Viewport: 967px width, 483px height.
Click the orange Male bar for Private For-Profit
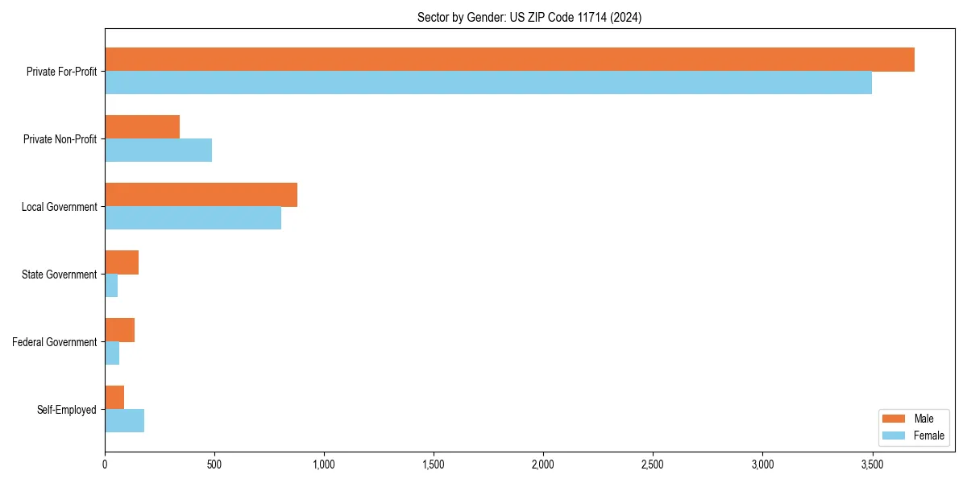pyautogui.click(x=509, y=60)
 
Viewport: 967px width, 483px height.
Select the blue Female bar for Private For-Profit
pyautogui.click(x=488, y=83)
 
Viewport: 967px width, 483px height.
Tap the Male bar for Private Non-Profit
pyautogui.click(x=142, y=127)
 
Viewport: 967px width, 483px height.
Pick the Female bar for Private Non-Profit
pyautogui.click(x=158, y=151)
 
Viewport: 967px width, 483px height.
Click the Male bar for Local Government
pyautogui.click(x=201, y=195)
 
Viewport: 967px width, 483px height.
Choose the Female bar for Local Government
pyautogui.click(x=193, y=218)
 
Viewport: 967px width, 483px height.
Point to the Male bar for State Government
pyautogui.click(x=122, y=262)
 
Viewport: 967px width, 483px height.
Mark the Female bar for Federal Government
pyautogui.click(x=112, y=353)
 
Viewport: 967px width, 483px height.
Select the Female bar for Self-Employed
pyautogui.click(x=124, y=421)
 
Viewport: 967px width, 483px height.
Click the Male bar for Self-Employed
pyautogui.click(x=114, y=398)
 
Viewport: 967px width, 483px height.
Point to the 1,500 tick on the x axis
pyautogui.click(x=434, y=464)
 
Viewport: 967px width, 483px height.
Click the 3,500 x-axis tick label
pyautogui.click(x=872, y=464)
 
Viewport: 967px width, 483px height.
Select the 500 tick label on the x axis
pyautogui.click(x=214, y=464)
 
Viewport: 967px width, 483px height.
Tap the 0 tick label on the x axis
pyautogui.click(x=105, y=464)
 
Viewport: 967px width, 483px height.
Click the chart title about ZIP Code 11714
pyautogui.click(x=529, y=17)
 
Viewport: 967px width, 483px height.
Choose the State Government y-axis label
pyautogui.click(x=59, y=275)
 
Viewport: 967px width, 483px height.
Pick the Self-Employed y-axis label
pyautogui.click(x=66, y=410)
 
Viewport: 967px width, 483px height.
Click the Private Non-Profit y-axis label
pyautogui.click(x=60, y=139)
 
